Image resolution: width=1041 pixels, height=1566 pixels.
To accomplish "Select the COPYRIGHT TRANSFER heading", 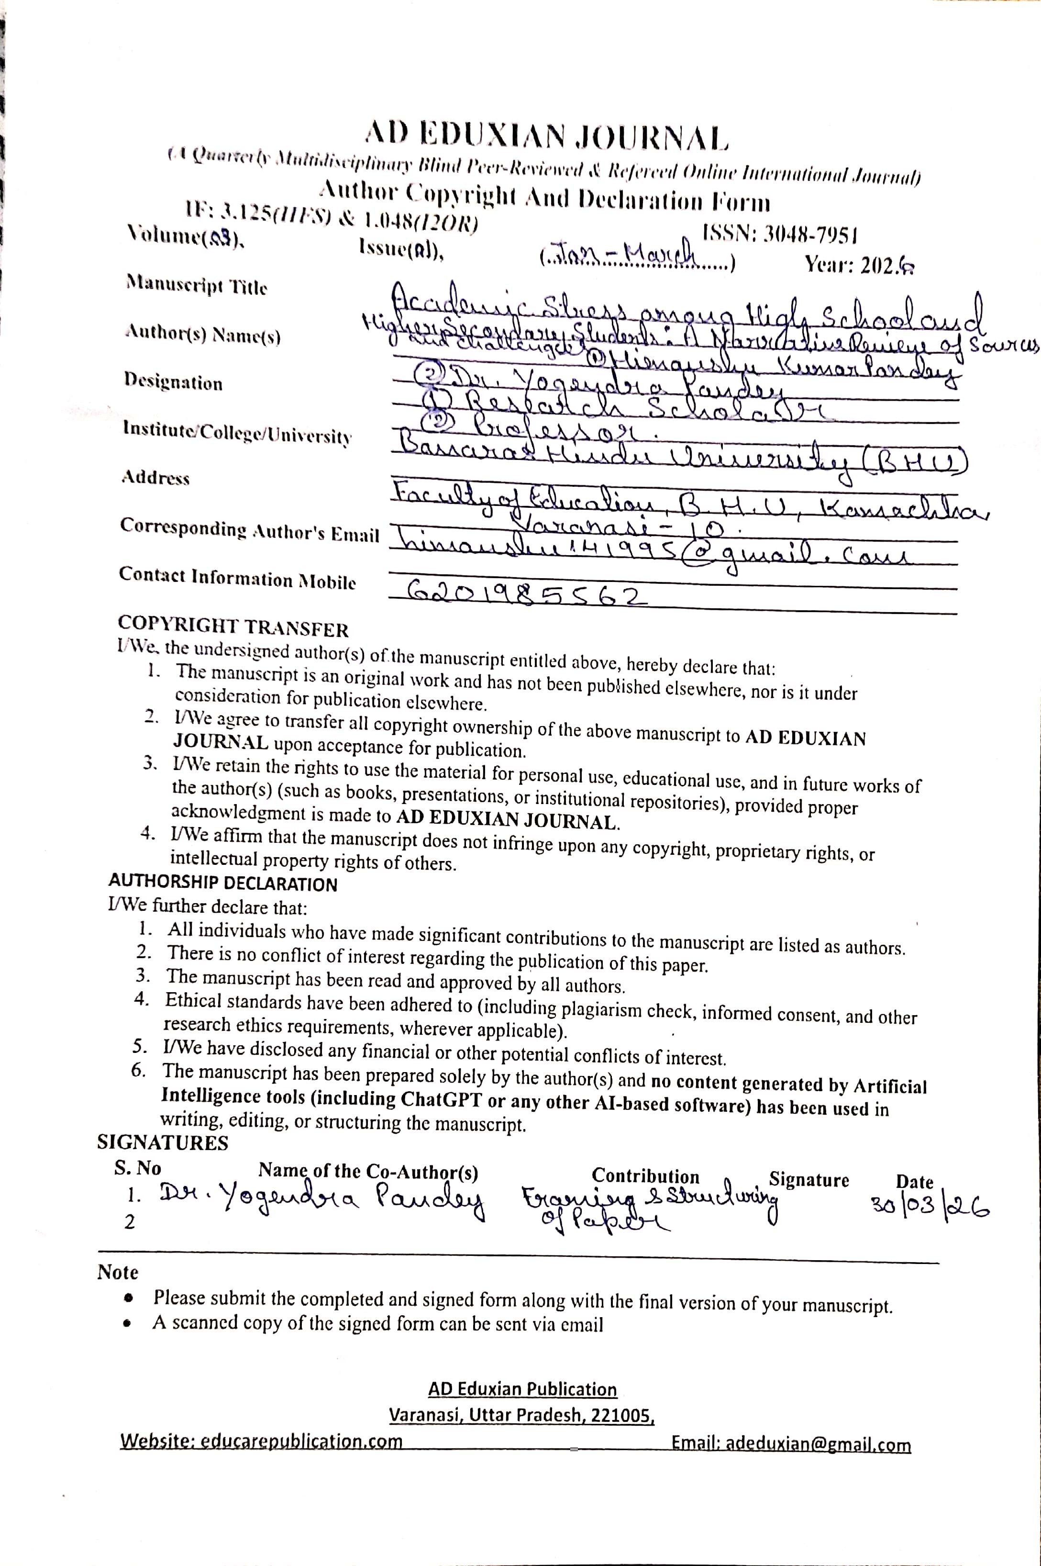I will coord(233,627).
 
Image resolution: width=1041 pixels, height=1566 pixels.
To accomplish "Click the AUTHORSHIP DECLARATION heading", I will coord(222,884).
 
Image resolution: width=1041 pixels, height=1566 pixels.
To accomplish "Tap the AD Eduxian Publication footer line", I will coord(522,1389).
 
